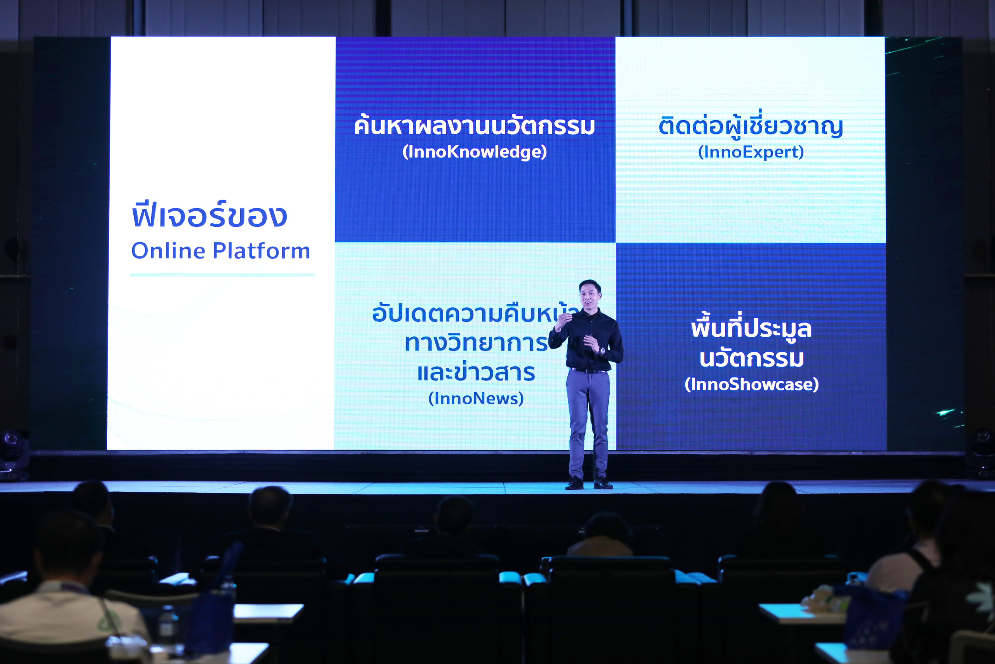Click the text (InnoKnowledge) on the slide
pos(475,152)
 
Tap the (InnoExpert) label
pos(751,152)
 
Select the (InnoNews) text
pos(476,398)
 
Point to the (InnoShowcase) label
pos(752,384)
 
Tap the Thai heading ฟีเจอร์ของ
pos(210,215)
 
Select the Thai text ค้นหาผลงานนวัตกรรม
pos(475,125)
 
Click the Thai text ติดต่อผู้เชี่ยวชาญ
pos(751,125)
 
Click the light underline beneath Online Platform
pos(223,275)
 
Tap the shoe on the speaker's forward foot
pos(574,484)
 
